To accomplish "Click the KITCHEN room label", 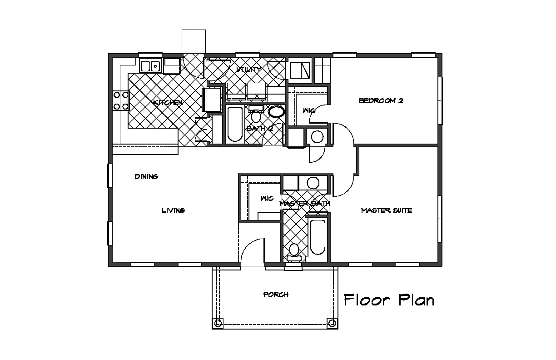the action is tap(168, 102).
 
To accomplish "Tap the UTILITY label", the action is tap(248, 69).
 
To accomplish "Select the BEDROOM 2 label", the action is tap(381, 100).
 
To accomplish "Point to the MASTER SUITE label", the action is tap(387, 210).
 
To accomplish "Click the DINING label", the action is tap(146, 177).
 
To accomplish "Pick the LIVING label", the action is tap(173, 210).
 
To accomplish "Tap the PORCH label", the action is tap(276, 295).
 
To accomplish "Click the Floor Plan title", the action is tap(389, 300).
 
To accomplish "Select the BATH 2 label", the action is tap(260, 129).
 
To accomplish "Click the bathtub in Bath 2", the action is tap(235, 124).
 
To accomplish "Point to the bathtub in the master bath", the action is tap(318, 237).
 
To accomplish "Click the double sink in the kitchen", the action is tap(150, 66).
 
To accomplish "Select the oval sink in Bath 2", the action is tap(276, 111).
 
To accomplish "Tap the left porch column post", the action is tap(218, 323).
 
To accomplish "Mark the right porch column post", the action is tap(332, 323).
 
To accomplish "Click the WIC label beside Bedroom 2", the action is tap(309, 110).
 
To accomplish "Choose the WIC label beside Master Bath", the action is tap(267, 198).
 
